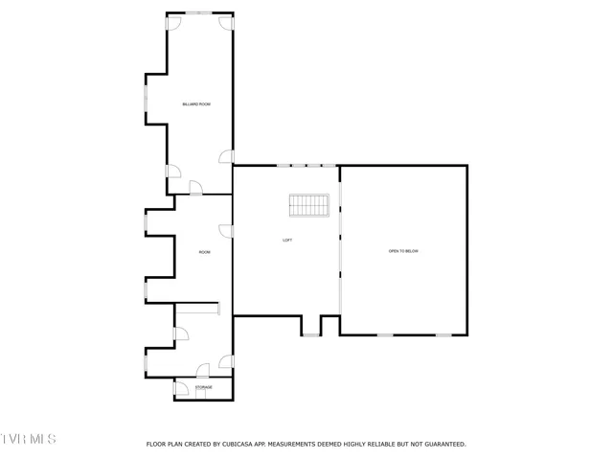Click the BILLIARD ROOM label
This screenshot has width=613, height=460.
196,103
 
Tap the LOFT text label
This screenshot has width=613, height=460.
287,240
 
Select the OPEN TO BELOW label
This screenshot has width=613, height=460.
403,251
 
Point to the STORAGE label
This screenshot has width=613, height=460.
204,387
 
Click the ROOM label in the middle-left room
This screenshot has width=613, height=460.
204,252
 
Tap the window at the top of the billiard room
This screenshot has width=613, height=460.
199,12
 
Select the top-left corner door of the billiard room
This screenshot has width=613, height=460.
172,21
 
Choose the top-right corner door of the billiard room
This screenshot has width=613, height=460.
226,21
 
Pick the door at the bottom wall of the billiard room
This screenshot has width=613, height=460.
195,188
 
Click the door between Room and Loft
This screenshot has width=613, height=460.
226,230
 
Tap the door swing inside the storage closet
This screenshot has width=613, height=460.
180,390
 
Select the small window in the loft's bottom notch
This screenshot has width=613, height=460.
311,334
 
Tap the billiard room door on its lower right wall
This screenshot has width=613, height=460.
226,156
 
